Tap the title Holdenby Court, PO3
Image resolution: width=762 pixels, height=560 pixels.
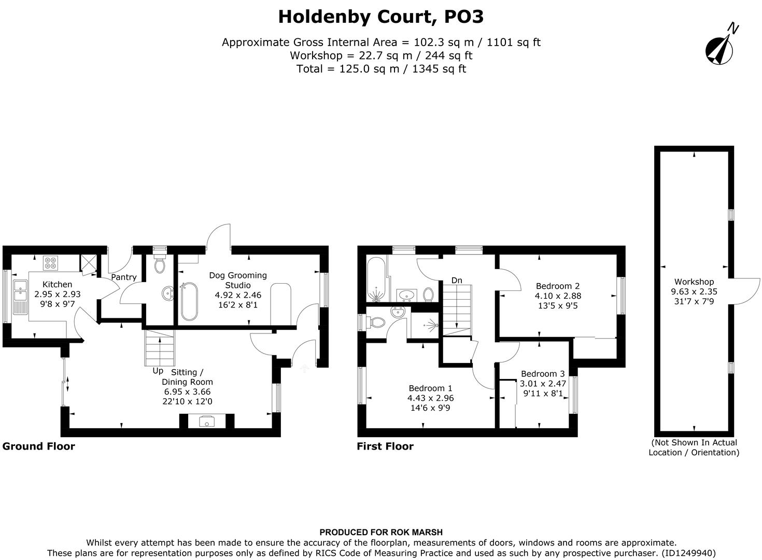click(381, 17)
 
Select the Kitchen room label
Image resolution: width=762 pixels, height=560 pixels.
click(57, 284)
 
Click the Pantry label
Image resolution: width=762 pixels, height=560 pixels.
click(124, 277)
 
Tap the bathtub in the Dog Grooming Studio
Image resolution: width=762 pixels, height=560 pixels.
click(188, 302)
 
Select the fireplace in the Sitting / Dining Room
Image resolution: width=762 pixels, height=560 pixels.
click(207, 421)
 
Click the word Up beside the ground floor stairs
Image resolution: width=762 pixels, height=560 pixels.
click(158, 371)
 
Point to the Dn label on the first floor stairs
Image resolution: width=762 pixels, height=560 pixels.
click(456, 281)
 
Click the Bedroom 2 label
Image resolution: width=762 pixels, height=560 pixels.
click(558, 286)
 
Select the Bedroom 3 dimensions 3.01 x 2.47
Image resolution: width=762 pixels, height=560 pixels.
click(543, 384)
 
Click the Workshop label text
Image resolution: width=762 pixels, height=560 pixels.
click(694, 282)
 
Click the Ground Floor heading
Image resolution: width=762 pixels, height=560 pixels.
click(39, 446)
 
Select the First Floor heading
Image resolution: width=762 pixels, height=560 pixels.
click(385, 446)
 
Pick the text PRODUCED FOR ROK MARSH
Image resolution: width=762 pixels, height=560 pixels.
click(381, 532)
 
